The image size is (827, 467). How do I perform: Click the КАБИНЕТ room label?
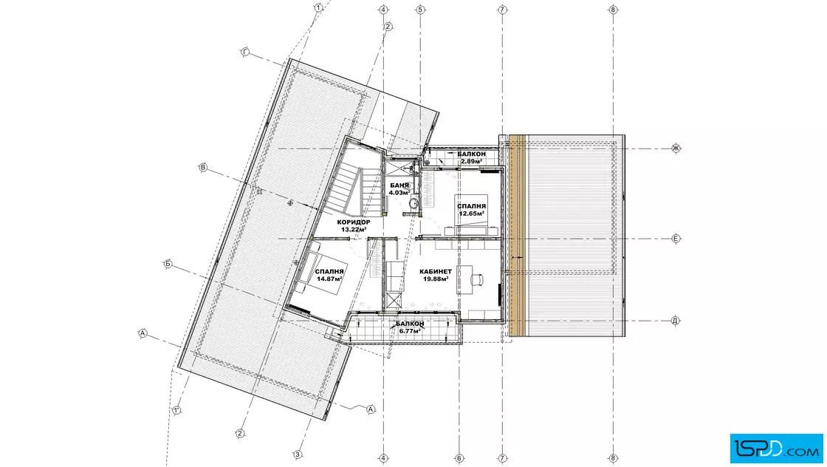click(x=435, y=272)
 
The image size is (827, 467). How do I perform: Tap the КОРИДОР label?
click(x=354, y=222)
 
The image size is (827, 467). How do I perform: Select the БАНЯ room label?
click(x=399, y=185)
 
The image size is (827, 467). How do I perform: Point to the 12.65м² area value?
click(x=472, y=214)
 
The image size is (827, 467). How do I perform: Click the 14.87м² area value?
click(x=329, y=279)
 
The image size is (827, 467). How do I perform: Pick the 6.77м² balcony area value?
click(x=409, y=331)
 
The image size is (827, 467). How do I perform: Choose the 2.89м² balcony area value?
click(x=472, y=161)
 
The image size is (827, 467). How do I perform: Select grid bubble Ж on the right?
click(x=676, y=149)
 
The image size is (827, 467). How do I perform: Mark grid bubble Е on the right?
click(x=676, y=239)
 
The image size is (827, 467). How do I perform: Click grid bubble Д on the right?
click(x=675, y=320)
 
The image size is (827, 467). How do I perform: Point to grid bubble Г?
click(x=244, y=52)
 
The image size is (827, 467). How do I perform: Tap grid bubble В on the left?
click(x=203, y=168)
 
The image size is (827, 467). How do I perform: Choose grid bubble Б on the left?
click(x=168, y=264)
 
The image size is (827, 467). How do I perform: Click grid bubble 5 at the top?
click(x=420, y=10)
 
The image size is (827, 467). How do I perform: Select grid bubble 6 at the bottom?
click(x=459, y=458)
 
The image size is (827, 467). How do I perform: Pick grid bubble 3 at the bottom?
click(x=298, y=454)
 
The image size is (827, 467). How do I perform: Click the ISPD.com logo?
click(x=776, y=449)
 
